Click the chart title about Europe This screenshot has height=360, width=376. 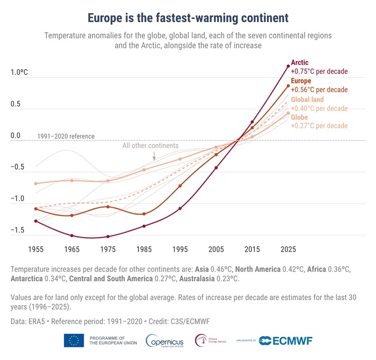[x=188, y=18]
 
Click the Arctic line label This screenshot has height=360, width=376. [x=299, y=62]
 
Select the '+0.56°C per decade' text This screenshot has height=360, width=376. [x=319, y=90]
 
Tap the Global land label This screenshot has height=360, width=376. [x=307, y=100]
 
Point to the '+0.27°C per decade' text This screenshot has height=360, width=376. [x=319, y=126]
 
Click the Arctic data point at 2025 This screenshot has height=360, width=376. [x=288, y=66]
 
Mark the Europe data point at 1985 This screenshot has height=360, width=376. [x=144, y=214]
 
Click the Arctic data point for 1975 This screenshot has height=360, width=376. [x=108, y=236]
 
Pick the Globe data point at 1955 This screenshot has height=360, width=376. [x=36, y=183]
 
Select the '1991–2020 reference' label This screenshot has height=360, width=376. [x=66, y=136]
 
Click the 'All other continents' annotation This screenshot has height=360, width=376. [x=150, y=146]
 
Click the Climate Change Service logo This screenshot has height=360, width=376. [x=211, y=340]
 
